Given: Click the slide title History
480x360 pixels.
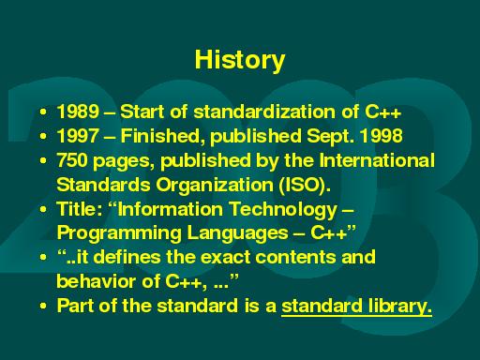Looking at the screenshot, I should point(239,61).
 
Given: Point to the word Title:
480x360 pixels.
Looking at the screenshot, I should point(80,208).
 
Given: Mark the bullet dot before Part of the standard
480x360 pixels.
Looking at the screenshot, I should point(44,306).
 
